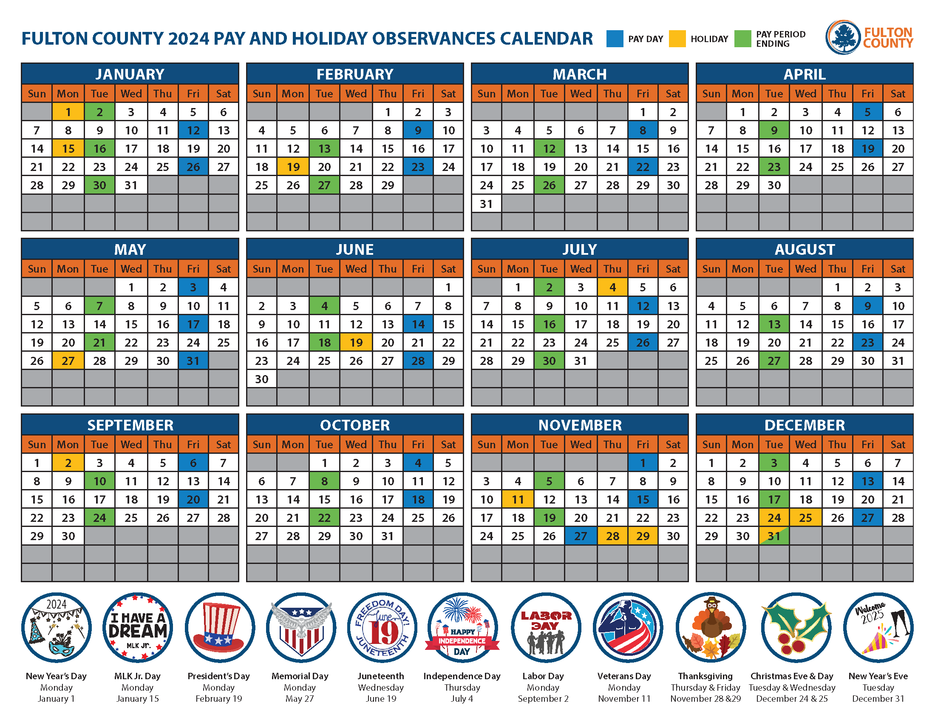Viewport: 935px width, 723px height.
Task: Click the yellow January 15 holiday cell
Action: (x=68, y=148)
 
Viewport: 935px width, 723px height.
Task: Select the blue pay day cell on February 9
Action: (x=418, y=130)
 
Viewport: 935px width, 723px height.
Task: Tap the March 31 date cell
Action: (x=486, y=204)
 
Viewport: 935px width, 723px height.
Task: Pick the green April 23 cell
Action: (x=773, y=167)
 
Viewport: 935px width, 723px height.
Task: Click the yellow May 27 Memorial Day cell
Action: (x=68, y=361)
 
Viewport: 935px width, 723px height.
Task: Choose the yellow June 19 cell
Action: (x=356, y=342)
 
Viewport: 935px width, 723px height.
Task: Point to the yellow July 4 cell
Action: (x=612, y=287)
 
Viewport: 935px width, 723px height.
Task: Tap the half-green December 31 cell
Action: (x=773, y=536)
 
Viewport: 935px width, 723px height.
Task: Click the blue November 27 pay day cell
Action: (x=581, y=536)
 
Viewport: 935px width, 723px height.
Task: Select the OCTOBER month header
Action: (x=355, y=425)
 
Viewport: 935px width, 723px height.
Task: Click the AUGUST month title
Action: (x=805, y=249)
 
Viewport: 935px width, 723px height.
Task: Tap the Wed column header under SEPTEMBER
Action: (x=131, y=444)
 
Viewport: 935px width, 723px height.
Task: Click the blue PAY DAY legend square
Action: (x=615, y=39)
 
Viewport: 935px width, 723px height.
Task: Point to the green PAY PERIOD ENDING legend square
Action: (x=742, y=39)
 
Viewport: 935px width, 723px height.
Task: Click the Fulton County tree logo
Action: (x=842, y=37)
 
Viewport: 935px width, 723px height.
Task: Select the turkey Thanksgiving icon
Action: (x=710, y=627)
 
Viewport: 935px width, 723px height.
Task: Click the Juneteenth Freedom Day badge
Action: (x=382, y=627)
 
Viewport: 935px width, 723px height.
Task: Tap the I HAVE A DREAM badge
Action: (x=137, y=627)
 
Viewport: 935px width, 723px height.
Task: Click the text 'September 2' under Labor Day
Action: (x=543, y=699)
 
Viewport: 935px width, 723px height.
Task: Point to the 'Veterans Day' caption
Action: (x=624, y=676)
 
